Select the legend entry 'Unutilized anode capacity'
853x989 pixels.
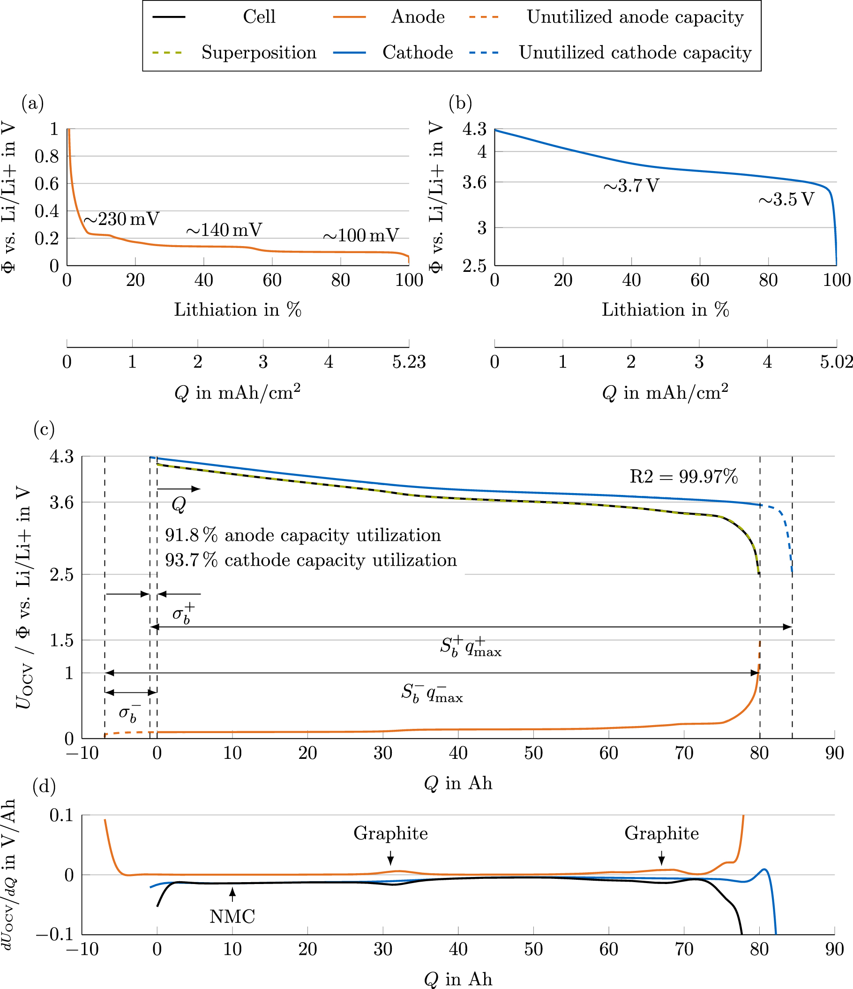point(635,17)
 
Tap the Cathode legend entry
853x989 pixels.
point(417,52)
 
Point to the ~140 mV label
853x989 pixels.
point(224,230)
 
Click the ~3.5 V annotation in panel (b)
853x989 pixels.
point(786,200)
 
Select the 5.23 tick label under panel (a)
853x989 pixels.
point(409,362)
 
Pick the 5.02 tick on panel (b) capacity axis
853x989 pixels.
point(836,362)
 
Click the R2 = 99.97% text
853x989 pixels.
point(683,476)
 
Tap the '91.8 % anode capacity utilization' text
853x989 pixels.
point(303,536)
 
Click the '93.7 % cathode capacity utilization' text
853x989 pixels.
point(311,561)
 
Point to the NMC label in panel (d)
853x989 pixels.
point(232,916)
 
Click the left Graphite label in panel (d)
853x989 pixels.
point(390,833)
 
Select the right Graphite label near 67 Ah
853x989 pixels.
point(662,833)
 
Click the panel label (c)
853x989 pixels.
point(44,430)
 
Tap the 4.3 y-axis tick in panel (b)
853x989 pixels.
point(474,129)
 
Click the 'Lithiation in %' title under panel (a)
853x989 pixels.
point(237,310)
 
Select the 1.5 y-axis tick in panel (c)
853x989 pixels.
point(62,641)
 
